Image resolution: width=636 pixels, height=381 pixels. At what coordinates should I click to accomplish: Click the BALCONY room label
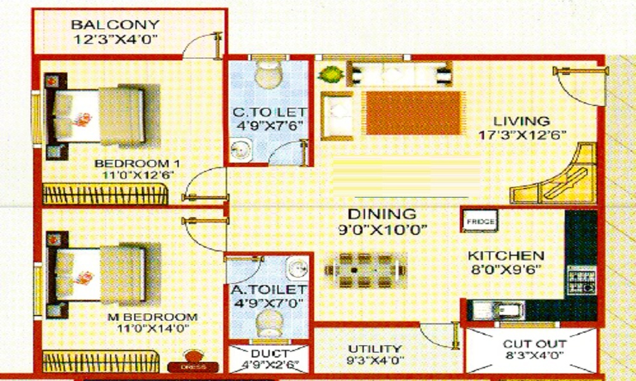click(x=115, y=25)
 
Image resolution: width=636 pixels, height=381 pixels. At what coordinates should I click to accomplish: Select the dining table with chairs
click(x=365, y=270)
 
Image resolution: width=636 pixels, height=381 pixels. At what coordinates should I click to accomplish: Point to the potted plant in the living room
click(x=329, y=74)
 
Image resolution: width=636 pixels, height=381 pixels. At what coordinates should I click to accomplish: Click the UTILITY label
click(x=375, y=349)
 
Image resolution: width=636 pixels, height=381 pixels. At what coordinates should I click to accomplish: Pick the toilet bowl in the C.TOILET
click(x=266, y=75)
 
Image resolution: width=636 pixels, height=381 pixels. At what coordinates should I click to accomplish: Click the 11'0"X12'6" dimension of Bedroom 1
click(x=134, y=174)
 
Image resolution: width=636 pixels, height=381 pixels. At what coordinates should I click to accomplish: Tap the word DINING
click(x=382, y=214)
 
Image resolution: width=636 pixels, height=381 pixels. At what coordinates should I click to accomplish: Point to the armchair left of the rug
click(x=336, y=116)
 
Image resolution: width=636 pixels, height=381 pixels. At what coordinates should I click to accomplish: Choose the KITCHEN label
click(x=502, y=256)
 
